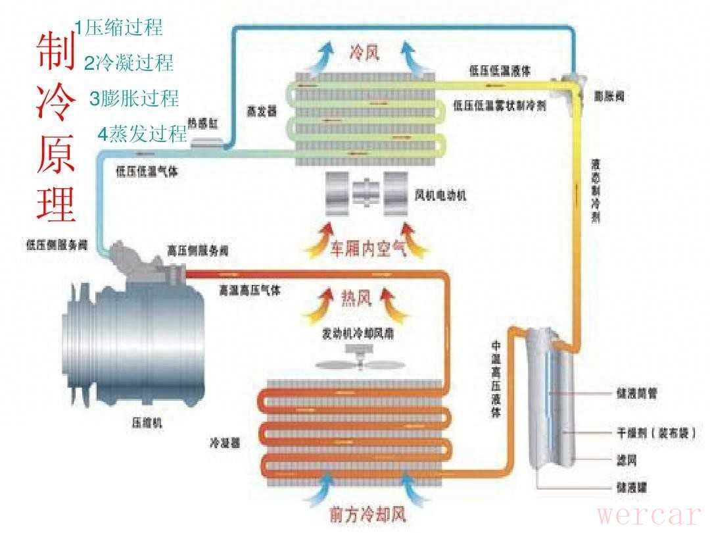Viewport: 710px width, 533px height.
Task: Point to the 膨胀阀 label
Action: [x=609, y=96]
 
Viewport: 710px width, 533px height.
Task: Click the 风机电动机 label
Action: [x=441, y=195]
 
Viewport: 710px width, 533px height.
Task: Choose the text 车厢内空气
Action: [x=368, y=249]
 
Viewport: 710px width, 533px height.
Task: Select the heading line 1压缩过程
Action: [x=118, y=28]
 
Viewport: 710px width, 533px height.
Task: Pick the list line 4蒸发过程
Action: [x=143, y=134]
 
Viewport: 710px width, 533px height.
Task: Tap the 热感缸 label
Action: [x=201, y=122]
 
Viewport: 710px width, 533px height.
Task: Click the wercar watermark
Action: [x=650, y=514]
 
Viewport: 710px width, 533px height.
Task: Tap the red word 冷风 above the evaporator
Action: [x=365, y=51]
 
